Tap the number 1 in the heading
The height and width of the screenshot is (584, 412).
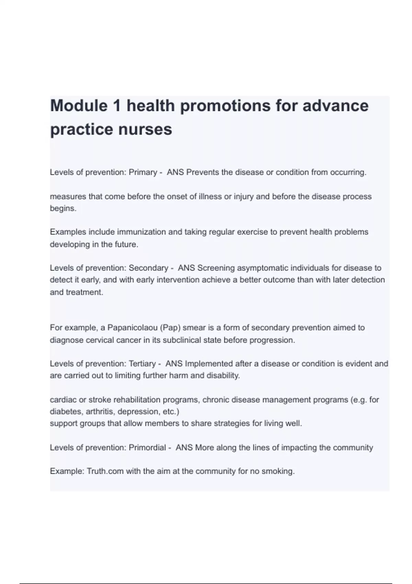117,105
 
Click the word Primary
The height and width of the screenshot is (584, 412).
143,172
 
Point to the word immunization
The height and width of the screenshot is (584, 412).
141,232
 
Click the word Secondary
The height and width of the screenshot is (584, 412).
148,268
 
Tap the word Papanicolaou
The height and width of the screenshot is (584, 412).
133,328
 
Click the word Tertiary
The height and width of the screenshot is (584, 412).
142,364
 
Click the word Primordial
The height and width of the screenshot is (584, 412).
147,448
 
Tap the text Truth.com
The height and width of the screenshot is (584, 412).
105,471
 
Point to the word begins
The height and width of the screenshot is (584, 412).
63,209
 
